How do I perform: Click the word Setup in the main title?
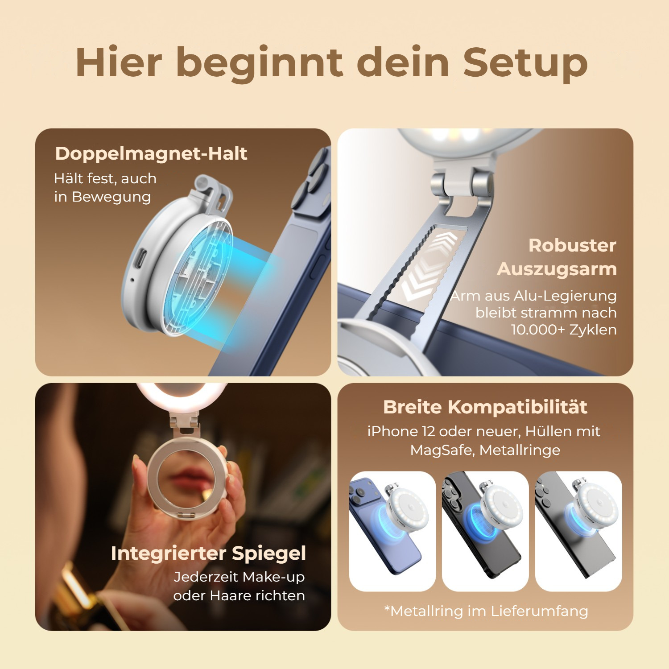tap(525, 63)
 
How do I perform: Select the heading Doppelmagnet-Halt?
tap(151, 153)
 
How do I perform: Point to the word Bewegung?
tap(111, 197)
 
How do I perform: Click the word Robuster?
tap(572, 245)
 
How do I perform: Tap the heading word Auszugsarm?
tap(557, 269)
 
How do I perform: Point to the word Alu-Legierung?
tap(566, 296)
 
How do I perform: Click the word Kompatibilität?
tap(517, 407)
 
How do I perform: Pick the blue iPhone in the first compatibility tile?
tap(384, 526)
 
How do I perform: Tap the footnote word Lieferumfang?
tap(539, 611)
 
